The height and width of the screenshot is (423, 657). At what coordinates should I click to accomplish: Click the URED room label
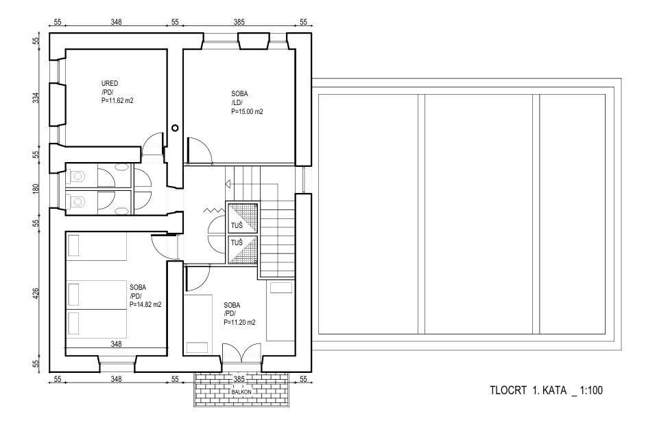109,84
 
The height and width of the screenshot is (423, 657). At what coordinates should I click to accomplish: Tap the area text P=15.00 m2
247,112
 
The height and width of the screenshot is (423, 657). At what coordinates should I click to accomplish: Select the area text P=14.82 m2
145,305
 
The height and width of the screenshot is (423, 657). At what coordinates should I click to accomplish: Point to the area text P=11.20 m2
239,323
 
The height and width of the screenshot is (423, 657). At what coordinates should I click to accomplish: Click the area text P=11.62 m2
117,101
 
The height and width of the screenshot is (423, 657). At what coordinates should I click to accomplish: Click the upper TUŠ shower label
237,225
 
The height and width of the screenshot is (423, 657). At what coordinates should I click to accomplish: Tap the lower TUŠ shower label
237,242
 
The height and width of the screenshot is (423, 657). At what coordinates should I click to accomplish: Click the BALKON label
241,392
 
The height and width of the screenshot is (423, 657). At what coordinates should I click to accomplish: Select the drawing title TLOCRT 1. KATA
528,390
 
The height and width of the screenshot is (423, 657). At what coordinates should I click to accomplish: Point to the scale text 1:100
591,390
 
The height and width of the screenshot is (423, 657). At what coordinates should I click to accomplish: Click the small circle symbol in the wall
175,128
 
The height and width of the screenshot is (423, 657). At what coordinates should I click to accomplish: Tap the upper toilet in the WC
76,176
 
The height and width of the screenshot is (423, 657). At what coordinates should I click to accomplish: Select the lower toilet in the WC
76,203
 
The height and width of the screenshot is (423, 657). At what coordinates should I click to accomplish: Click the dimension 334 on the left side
36,98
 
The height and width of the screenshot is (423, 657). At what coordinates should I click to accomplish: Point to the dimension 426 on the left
36,293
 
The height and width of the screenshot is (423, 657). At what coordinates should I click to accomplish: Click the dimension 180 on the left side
36,188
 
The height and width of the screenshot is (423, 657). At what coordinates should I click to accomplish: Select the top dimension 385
239,22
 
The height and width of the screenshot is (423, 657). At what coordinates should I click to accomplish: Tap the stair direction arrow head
228,183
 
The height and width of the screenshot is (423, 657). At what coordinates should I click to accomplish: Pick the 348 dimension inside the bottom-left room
116,344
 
